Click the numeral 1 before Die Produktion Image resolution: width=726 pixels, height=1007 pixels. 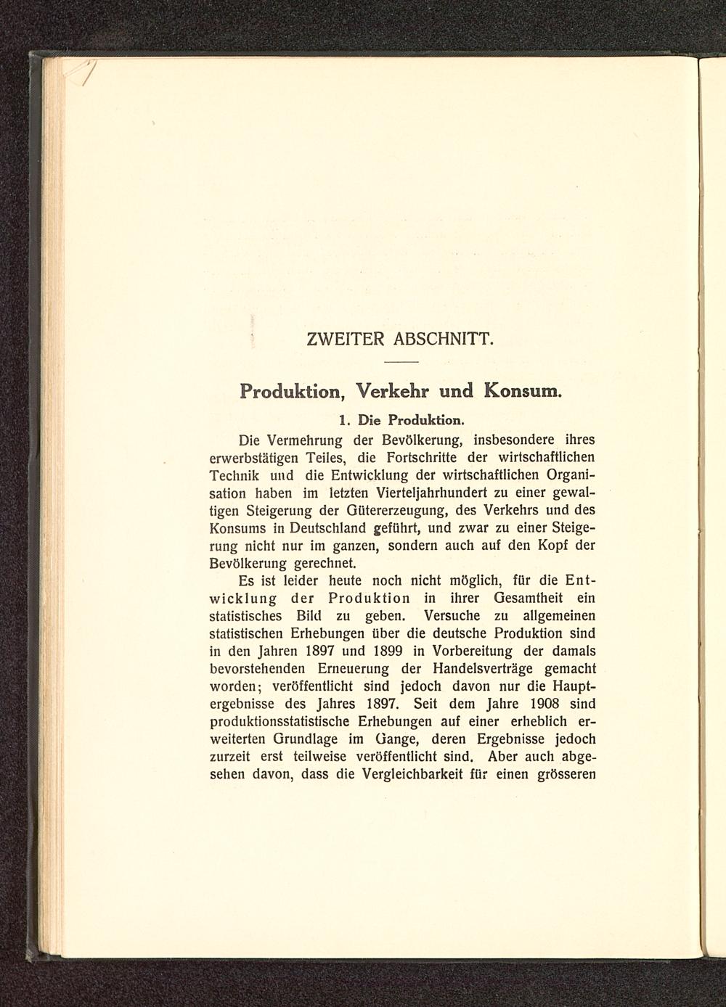pos(343,420)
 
